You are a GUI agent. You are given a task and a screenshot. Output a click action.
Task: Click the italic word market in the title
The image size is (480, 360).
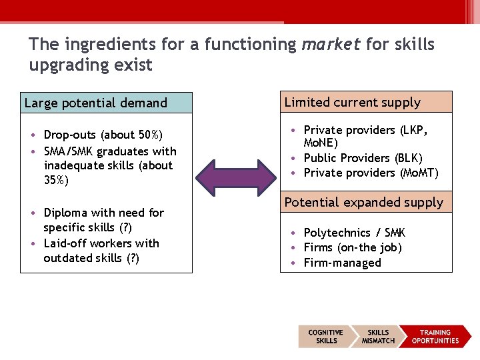coord(331,45)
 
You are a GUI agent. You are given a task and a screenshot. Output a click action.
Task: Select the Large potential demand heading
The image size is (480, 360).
coord(95,103)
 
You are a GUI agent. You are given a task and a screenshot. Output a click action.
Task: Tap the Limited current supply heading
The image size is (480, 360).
coord(353,102)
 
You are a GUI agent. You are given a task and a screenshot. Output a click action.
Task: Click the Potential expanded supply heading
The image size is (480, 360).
coord(364,202)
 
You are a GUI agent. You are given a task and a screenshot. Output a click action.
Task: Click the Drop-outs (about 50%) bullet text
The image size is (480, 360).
coord(103,135)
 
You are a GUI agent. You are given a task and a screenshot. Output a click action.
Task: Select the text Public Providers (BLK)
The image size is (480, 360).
coord(363,158)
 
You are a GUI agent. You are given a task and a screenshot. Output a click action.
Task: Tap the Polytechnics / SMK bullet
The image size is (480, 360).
coord(354,233)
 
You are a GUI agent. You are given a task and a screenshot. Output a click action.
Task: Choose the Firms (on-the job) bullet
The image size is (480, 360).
coord(353,247)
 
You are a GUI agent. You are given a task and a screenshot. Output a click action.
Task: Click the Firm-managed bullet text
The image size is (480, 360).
coord(342,263)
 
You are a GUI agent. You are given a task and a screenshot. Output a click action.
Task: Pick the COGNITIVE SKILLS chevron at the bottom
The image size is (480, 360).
coord(325,337)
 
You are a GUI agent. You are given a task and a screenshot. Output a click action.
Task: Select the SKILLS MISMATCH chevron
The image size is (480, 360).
coord(378,337)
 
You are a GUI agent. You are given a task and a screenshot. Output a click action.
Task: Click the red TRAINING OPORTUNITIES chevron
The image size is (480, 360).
coord(435,337)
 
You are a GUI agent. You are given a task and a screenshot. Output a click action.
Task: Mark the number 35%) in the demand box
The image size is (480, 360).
coord(56,180)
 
